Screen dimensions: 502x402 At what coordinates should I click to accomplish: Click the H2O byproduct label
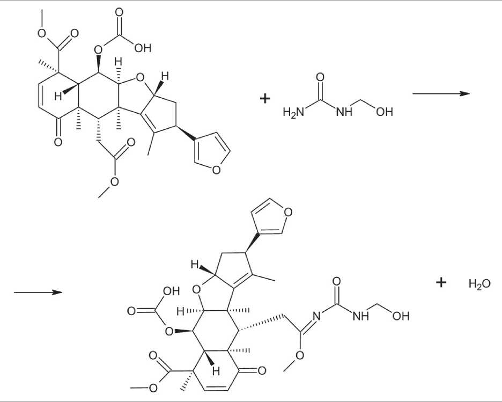tap(479, 284)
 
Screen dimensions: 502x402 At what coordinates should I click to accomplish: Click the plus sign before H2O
tap(441, 283)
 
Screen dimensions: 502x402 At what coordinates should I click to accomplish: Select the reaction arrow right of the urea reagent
tap(440, 93)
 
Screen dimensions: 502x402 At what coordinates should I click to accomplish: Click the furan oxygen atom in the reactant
tap(216, 171)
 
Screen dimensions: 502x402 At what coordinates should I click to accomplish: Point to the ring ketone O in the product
tap(262, 370)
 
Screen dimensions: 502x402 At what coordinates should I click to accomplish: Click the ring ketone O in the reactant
tap(58, 143)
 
